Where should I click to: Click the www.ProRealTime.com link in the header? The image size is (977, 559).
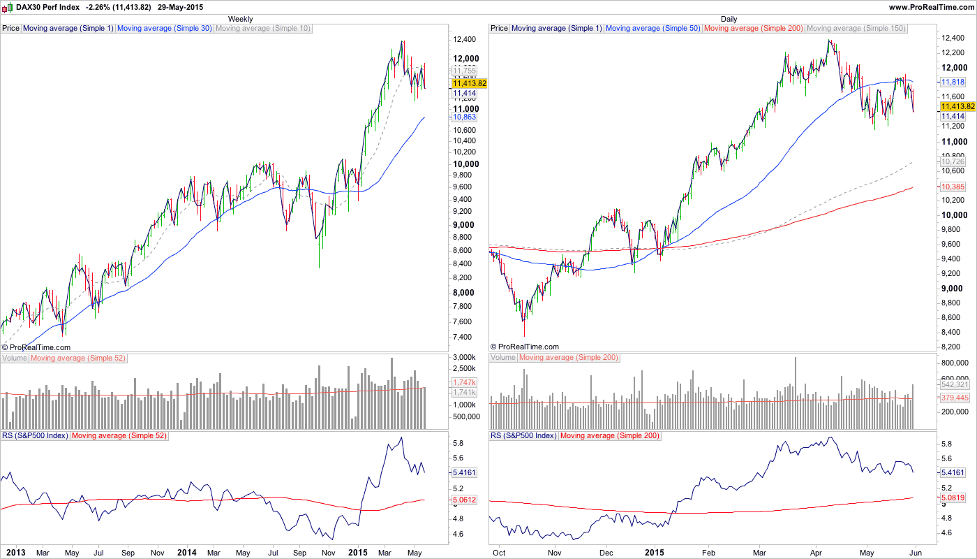pyautogui.click(x=931, y=7)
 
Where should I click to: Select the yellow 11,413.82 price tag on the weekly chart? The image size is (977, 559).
pyautogui.click(x=469, y=82)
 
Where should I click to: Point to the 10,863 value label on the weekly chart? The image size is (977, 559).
pyautogui.click(x=463, y=117)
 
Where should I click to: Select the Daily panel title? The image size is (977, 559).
pyautogui.click(x=729, y=19)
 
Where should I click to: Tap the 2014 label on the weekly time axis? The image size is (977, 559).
pyautogui.click(x=186, y=552)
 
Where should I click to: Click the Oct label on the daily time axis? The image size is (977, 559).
pyautogui.click(x=499, y=552)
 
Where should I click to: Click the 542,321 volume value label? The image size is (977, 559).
pyautogui.click(x=955, y=385)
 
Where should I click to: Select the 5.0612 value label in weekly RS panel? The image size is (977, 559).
pyautogui.click(x=464, y=500)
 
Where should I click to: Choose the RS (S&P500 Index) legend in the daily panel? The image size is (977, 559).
pyautogui.click(x=523, y=435)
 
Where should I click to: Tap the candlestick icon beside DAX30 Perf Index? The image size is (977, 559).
pyautogui.click(x=8, y=7)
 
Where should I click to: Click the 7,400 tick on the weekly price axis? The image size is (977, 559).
pyautogui.click(x=461, y=337)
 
